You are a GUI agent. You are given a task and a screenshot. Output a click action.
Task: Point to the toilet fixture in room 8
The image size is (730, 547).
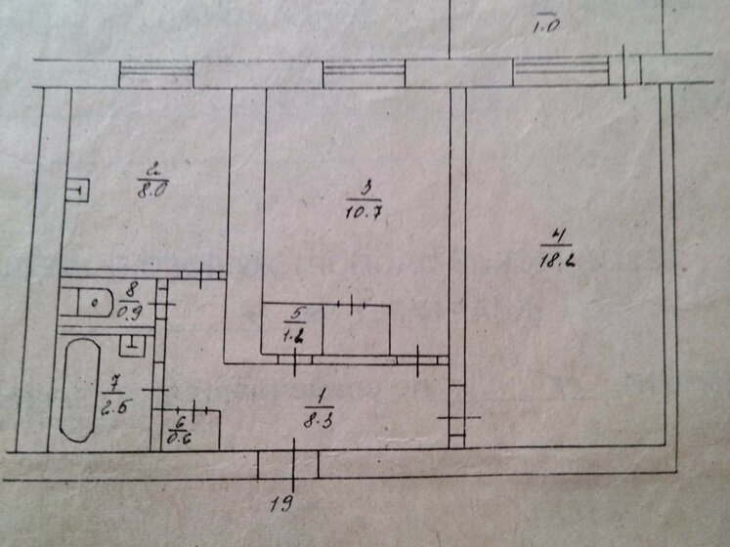(x=96, y=302)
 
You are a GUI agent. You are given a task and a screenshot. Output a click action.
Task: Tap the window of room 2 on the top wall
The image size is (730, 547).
(x=156, y=73)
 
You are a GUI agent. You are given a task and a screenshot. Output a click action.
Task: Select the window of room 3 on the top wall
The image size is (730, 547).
(x=363, y=73)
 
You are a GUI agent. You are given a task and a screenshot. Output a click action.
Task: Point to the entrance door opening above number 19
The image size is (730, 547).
(x=294, y=463)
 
